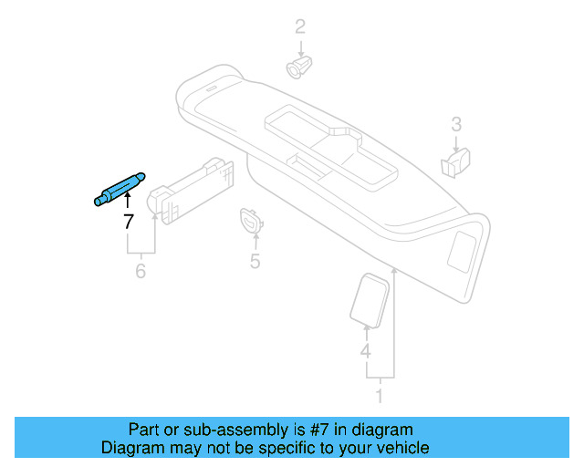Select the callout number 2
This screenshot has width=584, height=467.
click(x=299, y=27)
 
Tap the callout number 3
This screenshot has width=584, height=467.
click(x=456, y=124)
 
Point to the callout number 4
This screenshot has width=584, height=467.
click(x=365, y=351)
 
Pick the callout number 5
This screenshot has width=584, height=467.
click(x=255, y=263)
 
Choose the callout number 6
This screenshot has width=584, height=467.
click(x=141, y=271)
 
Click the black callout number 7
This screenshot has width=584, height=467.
click(x=128, y=222)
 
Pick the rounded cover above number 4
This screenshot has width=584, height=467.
click(x=369, y=298)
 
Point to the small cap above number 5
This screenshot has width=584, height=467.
click(x=251, y=220)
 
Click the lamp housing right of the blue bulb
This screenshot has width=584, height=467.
click(x=196, y=188)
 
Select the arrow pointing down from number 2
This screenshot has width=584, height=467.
click(x=299, y=46)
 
